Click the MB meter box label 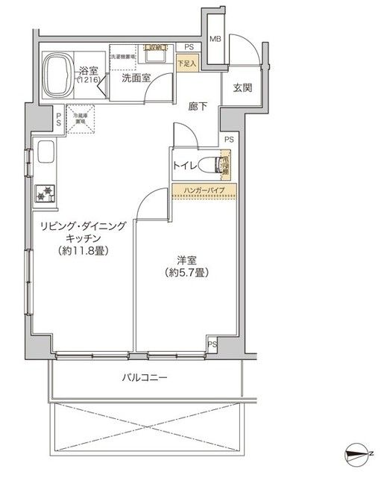tap(215, 40)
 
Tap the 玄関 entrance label tap(242, 88)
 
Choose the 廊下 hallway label tap(196, 107)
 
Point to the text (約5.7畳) tap(186, 273)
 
